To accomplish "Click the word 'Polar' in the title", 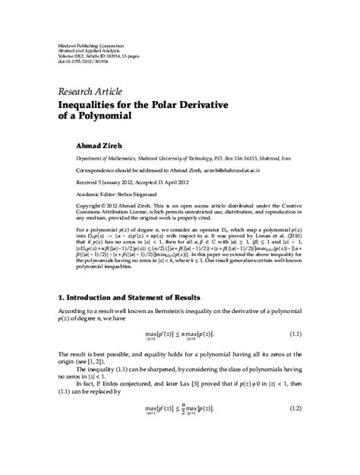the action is pos(178,104).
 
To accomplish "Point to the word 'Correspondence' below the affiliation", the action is pos(97,172).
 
